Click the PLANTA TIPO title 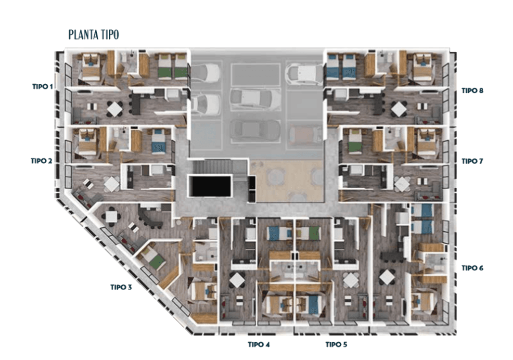(x=93, y=35)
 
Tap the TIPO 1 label (x=42, y=87)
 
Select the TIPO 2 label (x=41, y=161)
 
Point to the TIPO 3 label (x=121, y=287)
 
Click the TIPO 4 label (x=259, y=345)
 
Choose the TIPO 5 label (x=336, y=345)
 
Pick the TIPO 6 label (x=473, y=268)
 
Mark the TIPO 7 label (x=473, y=161)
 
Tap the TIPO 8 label (x=473, y=90)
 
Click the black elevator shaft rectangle (x=210, y=186)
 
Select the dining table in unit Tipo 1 (x=114, y=109)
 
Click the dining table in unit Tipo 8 (x=399, y=109)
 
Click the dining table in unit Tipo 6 (x=387, y=278)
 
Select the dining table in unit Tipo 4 (x=237, y=280)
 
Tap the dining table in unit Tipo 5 (x=350, y=280)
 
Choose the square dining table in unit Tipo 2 (x=112, y=184)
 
